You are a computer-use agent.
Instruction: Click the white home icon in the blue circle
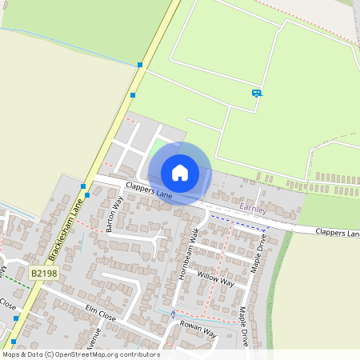click(x=179, y=173)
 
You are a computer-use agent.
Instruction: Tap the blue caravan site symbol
click(x=257, y=93)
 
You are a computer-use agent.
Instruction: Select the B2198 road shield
click(x=44, y=274)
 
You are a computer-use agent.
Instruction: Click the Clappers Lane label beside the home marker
click(x=148, y=190)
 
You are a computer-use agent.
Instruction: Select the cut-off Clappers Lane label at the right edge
click(x=337, y=233)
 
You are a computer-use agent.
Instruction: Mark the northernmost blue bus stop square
click(x=140, y=64)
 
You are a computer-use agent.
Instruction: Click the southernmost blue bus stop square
click(x=14, y=342)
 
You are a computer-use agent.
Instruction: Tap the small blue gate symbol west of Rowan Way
click(x=172, y=314)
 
